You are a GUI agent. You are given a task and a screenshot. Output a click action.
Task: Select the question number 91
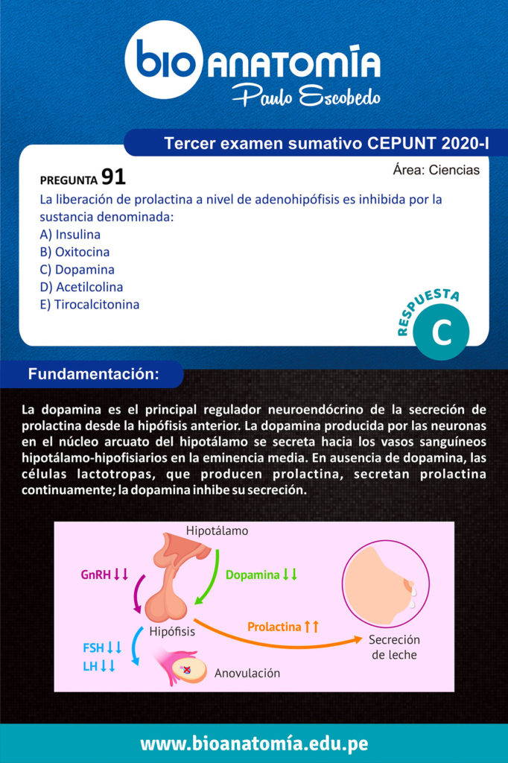(x=113, y=177)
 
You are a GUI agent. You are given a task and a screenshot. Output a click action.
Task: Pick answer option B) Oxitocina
(x=74, y=252)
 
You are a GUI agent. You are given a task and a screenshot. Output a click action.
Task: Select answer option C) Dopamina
(x=77, y=270)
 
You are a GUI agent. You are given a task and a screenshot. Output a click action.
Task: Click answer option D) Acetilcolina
(x=81, y=287)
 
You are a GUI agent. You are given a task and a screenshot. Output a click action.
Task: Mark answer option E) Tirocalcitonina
(x=89, y=305)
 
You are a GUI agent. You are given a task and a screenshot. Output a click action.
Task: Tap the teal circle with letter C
(x=442, y=334)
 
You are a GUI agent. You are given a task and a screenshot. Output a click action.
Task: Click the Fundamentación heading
(x=93, y=375)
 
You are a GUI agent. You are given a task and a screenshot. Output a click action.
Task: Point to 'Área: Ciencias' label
(x=436, y=171)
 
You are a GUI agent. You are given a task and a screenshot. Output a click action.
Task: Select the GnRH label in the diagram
(x=104, y=574)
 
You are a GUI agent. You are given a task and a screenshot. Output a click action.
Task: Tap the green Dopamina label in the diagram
(x=261, y=574)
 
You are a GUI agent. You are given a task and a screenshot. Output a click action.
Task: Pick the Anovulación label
(x=247, y=674)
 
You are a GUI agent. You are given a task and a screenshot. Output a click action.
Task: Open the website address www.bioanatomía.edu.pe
(x=253, y=744)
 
